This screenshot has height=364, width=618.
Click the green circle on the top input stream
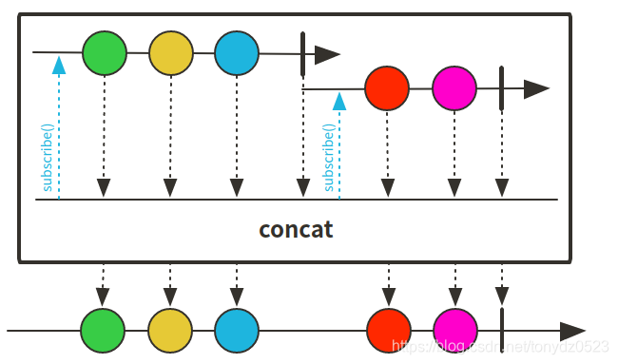(105, 53)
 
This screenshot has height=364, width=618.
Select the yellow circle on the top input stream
(171, 53)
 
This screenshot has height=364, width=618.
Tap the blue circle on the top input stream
(237, 53)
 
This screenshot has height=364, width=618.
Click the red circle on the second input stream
(387, 89)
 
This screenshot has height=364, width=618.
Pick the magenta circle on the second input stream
(454, 89)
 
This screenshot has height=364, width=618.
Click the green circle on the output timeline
(103, 331)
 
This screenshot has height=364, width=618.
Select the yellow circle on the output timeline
(170, 331)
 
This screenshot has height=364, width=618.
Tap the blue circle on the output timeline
(237, 331)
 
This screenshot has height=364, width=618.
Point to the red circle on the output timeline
(388, 331)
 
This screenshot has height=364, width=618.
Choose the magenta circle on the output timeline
(455, 331)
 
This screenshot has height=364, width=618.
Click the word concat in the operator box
(296, 230)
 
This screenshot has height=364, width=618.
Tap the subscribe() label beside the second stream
(329, 157)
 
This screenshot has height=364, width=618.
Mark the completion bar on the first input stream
(302, 54)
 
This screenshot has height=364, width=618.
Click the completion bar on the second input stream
(501, 89)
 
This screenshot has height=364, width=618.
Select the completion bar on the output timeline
(501, 331)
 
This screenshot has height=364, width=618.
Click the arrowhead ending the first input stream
(328, 54)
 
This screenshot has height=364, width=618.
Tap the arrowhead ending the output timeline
(572, 332)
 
